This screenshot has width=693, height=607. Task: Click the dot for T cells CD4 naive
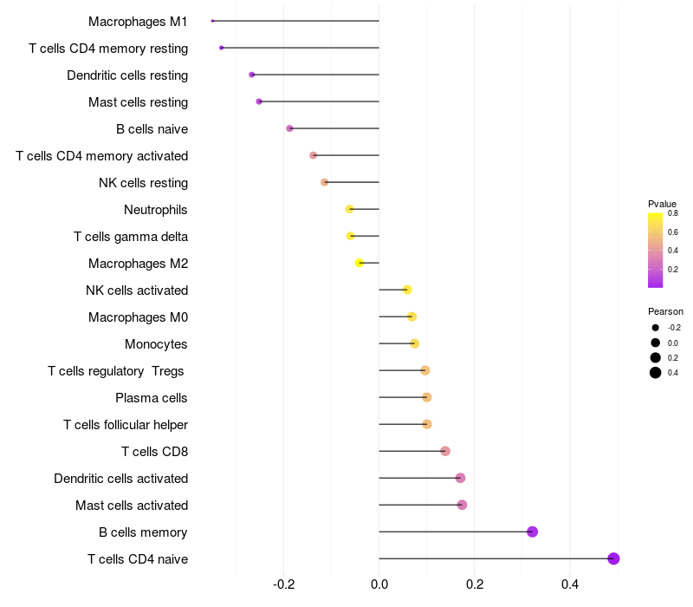point(613,558)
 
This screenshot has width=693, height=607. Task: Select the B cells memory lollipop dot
point(532,532)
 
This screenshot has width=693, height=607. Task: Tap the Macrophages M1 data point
point(212,21)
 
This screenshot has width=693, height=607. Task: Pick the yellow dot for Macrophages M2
point(359,263)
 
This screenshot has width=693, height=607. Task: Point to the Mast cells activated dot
point(462,505)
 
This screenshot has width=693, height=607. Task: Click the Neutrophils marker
point(349,209)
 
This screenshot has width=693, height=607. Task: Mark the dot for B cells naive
point(289,128)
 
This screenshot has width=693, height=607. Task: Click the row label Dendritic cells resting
point(127,75)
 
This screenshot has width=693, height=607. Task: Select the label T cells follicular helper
point(126,425)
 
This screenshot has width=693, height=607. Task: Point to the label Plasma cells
point(152,398)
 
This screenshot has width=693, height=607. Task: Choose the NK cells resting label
point(144,183)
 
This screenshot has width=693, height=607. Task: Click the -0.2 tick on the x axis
point(284,584)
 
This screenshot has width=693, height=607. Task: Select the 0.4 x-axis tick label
point(569,584)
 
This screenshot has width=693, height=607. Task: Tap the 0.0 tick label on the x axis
point(379,584)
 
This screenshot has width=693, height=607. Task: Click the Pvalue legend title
point(662,204)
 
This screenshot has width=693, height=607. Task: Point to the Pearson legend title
point(665,311)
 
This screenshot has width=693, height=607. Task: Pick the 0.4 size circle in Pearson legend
point(656,373)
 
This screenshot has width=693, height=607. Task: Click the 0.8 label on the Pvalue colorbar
point(672,213)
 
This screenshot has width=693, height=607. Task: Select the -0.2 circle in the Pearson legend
point(656,328)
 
